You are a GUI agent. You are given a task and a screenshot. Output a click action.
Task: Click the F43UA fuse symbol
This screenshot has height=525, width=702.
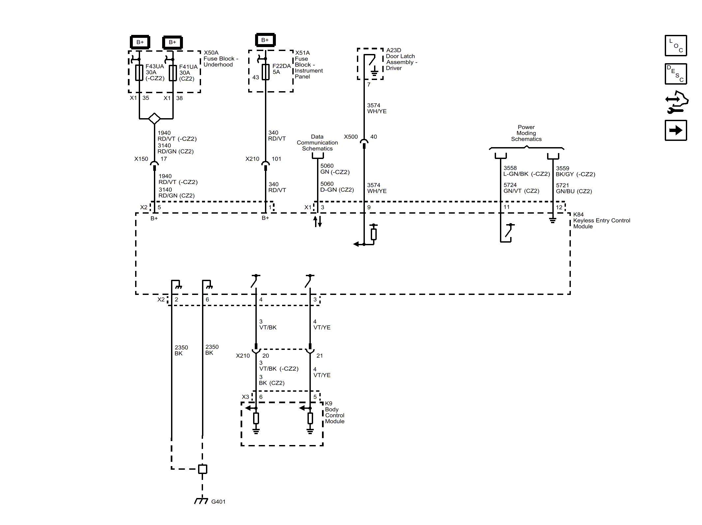139,73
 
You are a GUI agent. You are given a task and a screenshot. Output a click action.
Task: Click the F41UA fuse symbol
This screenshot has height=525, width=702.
173,73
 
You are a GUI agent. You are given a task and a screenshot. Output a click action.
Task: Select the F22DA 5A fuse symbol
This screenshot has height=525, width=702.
266,72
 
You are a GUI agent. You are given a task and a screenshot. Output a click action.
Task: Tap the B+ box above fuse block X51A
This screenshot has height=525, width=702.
265,40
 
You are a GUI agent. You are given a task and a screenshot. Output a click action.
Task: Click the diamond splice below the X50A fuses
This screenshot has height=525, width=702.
154,118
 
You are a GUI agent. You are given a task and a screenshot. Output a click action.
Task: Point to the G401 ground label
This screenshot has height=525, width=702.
218,502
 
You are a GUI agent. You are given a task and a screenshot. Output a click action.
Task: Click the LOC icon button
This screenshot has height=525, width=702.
676,46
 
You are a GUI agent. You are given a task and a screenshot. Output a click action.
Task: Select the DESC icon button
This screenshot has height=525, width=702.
676,74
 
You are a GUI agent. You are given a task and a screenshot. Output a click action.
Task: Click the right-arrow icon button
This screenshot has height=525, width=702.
676,130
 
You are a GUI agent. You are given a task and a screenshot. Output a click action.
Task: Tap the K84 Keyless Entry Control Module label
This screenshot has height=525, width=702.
601,221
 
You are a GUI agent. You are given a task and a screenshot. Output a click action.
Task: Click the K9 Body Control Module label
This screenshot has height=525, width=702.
334,412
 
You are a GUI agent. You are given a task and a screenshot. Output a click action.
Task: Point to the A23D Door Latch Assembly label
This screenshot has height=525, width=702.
401,59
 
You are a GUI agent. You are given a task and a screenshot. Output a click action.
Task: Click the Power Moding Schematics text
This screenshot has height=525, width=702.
526,133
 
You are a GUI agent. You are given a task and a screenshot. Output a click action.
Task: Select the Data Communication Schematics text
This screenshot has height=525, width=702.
317,143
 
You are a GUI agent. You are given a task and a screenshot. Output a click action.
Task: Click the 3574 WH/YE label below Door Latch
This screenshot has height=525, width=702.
377,108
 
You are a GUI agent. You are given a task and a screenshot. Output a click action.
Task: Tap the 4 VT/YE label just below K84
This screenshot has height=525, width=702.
322,325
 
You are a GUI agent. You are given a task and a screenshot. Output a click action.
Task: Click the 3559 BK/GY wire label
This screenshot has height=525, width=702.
575,171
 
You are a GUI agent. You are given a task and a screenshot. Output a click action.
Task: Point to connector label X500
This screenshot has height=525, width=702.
351,137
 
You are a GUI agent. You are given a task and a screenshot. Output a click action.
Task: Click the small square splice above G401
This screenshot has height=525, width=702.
202,469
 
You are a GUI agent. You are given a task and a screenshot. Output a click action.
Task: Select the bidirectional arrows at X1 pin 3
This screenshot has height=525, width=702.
317,222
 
